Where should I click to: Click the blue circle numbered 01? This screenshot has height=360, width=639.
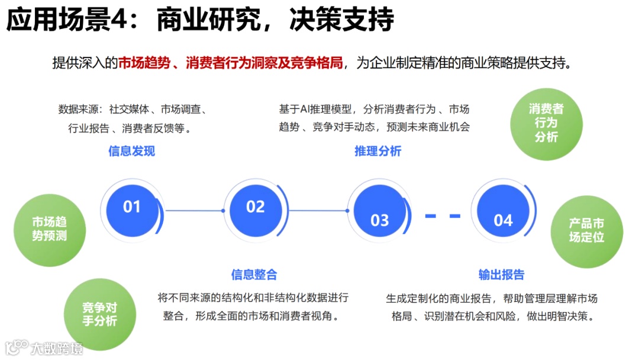132,207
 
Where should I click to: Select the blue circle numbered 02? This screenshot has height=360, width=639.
255,207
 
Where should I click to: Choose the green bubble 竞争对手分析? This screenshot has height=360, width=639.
99,314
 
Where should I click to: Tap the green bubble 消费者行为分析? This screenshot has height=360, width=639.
546,123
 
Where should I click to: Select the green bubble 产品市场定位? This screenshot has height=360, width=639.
586,230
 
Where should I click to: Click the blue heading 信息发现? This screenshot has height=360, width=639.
131,151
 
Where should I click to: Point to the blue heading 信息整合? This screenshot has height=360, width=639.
254,274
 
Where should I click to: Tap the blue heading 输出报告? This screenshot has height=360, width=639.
501,274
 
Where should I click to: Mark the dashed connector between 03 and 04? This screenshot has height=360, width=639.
443,216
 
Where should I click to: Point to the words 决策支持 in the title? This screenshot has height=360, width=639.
341,21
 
